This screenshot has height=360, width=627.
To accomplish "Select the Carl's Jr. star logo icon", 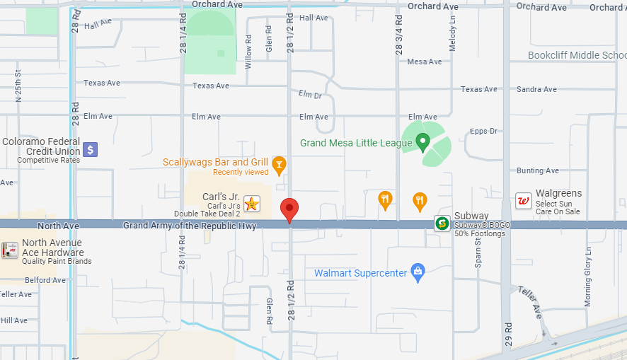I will tap(252, 204).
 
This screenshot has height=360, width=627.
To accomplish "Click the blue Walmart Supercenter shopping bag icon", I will tap(418, 272).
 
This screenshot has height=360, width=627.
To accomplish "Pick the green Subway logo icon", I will tap(442, 223).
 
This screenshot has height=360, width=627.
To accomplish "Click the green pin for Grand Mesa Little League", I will tap(423, 142).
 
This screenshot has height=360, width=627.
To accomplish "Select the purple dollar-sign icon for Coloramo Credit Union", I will tap(90, 149).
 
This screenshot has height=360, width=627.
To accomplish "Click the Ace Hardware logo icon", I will tap(10, 250).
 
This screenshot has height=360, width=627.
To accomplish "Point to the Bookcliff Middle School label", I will tap(577, 55).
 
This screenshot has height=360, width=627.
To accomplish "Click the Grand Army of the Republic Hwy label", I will tap(190, 226).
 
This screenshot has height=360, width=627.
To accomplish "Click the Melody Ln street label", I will tap(453, 34).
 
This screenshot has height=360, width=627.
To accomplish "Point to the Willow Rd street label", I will tap(248, 52).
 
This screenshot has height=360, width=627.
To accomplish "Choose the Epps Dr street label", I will tap(483, 132).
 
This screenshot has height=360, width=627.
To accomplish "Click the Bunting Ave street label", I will tap(537, 170).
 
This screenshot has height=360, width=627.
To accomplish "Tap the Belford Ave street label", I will tap(45, 280).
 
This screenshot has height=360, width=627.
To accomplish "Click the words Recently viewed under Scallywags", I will tap(241, 172).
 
